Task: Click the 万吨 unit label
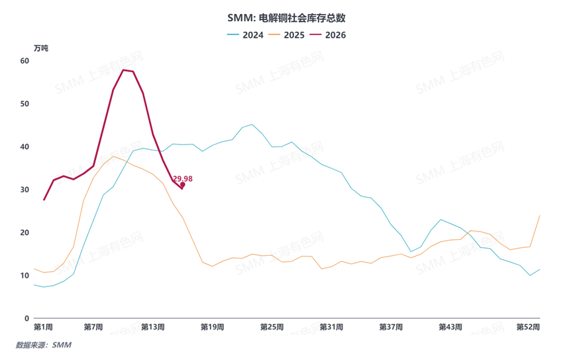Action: point(41,48)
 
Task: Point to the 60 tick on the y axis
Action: point(25,60)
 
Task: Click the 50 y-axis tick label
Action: point(25,103)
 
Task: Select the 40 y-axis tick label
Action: point(25,147)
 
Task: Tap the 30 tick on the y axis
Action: point(25,190)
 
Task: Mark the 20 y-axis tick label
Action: point(25,233)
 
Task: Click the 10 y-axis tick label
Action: point(25,276)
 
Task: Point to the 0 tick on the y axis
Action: point(27,318)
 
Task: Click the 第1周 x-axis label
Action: point(43,328)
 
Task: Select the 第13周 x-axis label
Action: point(153,328)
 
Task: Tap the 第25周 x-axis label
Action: point(272,328)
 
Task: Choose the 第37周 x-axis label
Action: point(391,328)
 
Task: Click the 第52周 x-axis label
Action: point(529,328)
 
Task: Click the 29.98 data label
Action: point(183,178)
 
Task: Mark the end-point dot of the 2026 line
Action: point(182,186)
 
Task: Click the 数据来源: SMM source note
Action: point(43,345)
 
